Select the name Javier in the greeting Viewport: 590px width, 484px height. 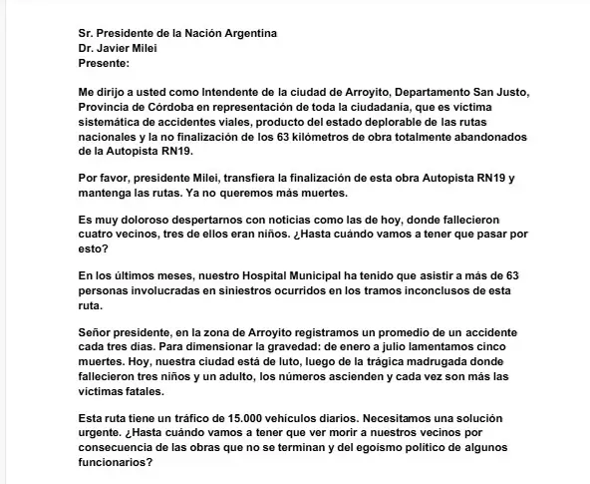(116, 47)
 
